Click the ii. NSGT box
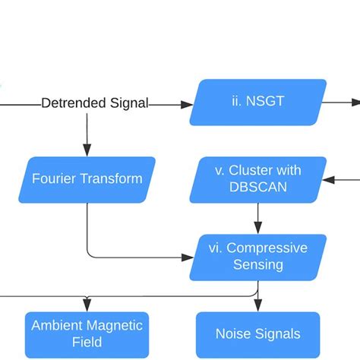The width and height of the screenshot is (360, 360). (x=258, y=102)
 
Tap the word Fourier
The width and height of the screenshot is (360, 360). (x=55, y=179)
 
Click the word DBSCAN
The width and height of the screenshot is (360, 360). (x=257, y=188)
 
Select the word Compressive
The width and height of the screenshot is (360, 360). (x=267, y=248)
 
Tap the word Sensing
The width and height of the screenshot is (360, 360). (x=258, y=264)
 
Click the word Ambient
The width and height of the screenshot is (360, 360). (x=57, y=325)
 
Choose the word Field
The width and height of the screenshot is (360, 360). (x=87, y=342)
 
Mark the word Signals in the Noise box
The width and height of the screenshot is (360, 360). (x=278, y=333)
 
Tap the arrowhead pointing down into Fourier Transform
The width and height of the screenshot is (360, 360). (x=87, y=150)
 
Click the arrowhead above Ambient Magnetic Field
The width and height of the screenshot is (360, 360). (x=87, y=305)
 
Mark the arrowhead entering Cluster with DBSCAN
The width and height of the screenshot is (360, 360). (x=328, y=180)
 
